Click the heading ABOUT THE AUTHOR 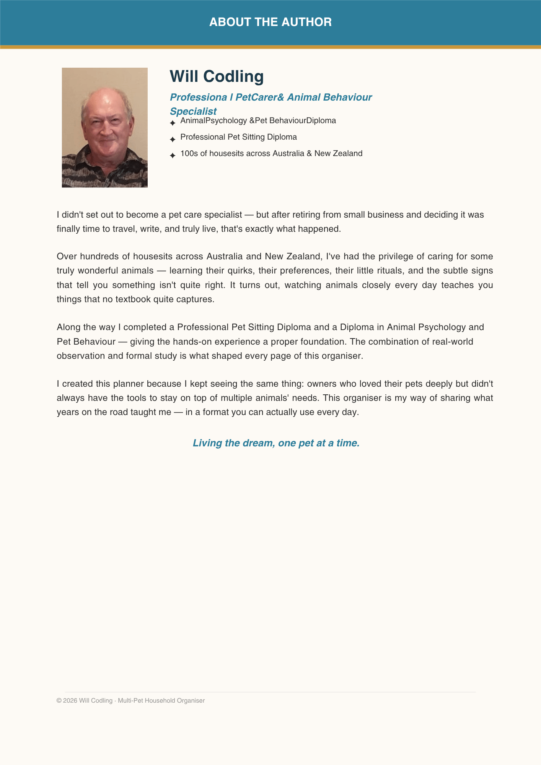(x=270, y=22)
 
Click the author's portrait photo (x=105, y=127)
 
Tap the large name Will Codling (x=217, y=76)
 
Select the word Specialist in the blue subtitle (x=193, y=111)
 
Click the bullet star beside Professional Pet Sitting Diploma (x=173, y=139)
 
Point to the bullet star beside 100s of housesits (x=173, y=156)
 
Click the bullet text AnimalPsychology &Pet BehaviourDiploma (x=258, y=121)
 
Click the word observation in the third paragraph (x=81, y=356)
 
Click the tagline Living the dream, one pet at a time (x=276, y=443)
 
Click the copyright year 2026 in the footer (x=70, y=701)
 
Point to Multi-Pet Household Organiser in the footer (x=161, y=701)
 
